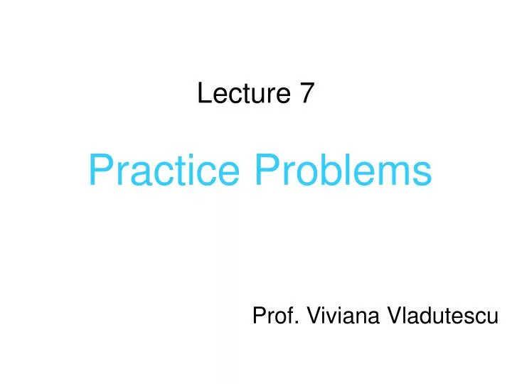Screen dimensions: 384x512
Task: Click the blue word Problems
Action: tap(343, 171)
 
